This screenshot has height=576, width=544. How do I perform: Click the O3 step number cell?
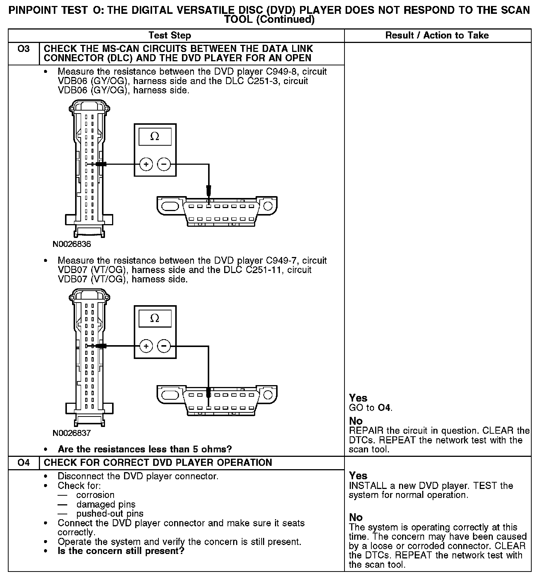click(x=24, y=49)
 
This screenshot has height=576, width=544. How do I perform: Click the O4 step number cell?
click(x=24, y=463)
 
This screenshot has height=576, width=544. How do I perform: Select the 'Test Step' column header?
click(x=170, y=35)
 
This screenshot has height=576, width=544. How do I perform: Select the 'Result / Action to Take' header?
click(x=437, y=35)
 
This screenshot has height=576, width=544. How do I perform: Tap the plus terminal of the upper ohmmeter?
click(x=146, y=164)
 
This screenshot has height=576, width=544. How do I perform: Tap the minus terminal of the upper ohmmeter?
click(x=164, y=164)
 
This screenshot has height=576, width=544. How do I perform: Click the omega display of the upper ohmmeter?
click(x=155, y=137)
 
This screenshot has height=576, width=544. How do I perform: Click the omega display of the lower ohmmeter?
click(x=155, y=318)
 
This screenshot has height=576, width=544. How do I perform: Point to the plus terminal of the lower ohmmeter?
click(x=146, y=346)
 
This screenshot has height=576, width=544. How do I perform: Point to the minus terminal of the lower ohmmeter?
click(x=164, y=346)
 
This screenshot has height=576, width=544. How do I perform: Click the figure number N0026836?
click(x=72, y=244)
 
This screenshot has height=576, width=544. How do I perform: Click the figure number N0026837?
click(x=72, y=433)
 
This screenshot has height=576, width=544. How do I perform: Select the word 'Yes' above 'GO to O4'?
click(x=358, y=398)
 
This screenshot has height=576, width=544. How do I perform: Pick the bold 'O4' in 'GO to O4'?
click(x=384, y=408)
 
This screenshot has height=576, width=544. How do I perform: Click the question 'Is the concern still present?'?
click(x=121, y=551)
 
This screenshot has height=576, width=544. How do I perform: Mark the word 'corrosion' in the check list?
click(x=95, y=495)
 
